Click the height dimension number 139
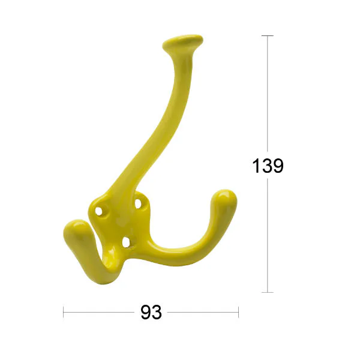pyautogui.click(x=268, y=166)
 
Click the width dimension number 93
pyautogui.click(x=151, y=312)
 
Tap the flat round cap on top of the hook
pyautogui.click(x=183, y=41)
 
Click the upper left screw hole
pyautogui.click(x=99, y=211)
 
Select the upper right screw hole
pyautogui.click(x=138, y=203)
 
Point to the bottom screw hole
pyautogui.click(x=126, y=242)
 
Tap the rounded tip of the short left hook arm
pyautogui.click(x=74, y=229)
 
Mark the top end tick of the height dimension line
pyautogui.click(x=268, y=35)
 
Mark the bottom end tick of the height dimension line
pyautogui.click(x=268, y=292)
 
